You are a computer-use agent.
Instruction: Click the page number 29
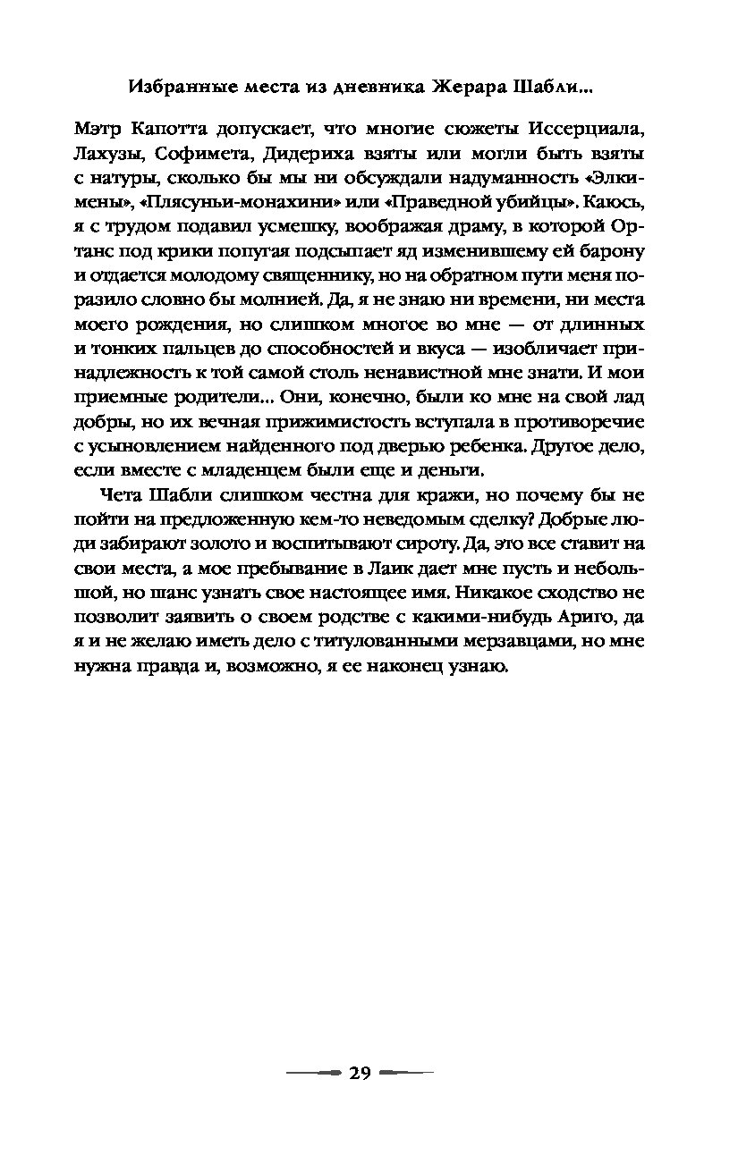[360, 1074]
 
